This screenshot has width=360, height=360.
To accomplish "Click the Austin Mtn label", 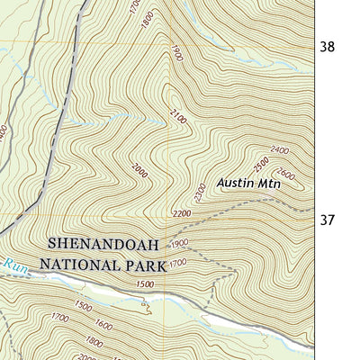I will point(248,184).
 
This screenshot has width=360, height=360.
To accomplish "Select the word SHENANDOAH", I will point(103,245).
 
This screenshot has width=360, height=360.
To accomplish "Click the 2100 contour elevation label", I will point(179,116).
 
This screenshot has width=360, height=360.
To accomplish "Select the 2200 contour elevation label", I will point(181,213).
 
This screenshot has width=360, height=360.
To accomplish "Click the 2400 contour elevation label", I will point(278,150).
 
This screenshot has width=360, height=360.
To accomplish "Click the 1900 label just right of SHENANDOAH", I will point(178,244).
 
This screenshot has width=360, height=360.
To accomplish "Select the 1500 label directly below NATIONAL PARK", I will point(144,284).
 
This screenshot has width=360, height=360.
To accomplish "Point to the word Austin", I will point(235,184).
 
